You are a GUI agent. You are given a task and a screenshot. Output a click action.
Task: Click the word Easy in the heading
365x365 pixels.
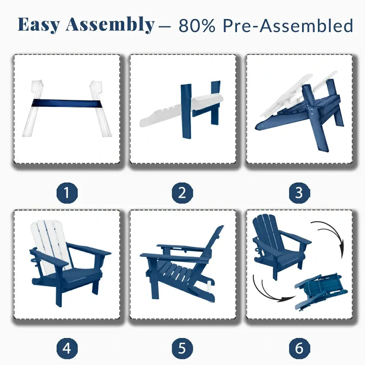(x=39, y=25)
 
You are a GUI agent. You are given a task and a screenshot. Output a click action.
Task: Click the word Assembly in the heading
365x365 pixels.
(x=110, y=25)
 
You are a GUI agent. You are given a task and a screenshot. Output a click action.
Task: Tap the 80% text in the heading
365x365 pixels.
(x=197, y=26)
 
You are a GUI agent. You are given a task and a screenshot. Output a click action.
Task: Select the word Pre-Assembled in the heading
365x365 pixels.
(x=288, y=26)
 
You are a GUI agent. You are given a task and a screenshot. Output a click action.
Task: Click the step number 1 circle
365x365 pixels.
(x=67, y=193)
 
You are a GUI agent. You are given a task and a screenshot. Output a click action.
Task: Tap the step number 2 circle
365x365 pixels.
(x=182, y=193)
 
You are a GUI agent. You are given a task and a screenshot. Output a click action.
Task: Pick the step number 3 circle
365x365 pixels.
(x=299, y=193)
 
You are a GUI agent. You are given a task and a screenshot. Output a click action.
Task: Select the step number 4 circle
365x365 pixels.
(x=67, y=348)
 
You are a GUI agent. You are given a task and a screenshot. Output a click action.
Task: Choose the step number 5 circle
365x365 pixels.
(x=182, y=348)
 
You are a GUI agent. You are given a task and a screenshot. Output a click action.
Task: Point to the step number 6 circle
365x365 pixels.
(x=299, y=348)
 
